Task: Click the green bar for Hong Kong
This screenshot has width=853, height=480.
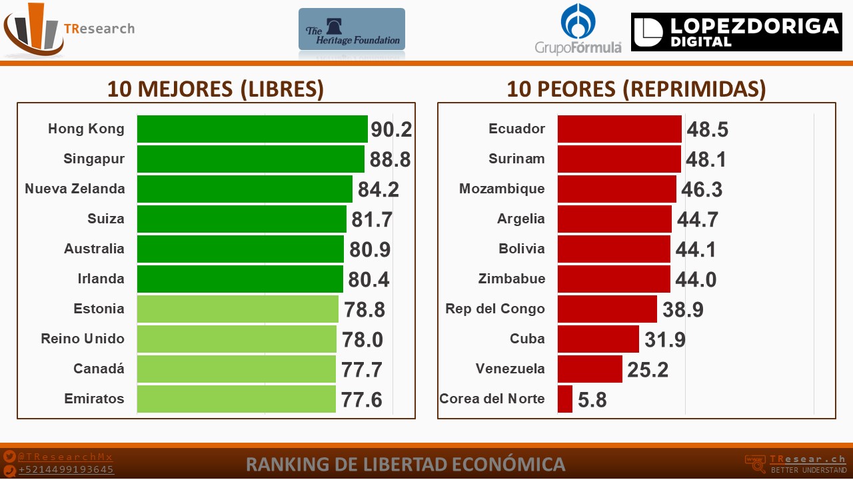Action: point(253,129)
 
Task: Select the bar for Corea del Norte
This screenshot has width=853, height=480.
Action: point(565,399)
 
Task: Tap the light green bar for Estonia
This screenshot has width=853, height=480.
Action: point(238,309)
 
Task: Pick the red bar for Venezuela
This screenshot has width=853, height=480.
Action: point(590,369)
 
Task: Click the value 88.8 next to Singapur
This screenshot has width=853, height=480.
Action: point(390,159)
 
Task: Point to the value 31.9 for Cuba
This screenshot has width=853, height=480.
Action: point(665,339)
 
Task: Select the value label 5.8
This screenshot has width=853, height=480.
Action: point(592,399)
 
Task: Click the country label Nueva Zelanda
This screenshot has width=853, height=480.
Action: point(75,189)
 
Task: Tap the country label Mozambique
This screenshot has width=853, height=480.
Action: point(502,189)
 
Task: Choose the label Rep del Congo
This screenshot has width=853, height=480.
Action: point(495,309)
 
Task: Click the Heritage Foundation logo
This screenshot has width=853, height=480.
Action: point(352,29)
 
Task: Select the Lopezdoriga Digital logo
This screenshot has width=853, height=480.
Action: point(736,32)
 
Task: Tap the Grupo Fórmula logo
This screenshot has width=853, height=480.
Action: point(578,29)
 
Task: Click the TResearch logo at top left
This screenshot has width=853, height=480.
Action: point(69,29)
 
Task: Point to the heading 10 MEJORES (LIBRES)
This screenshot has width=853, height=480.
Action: point(215,89)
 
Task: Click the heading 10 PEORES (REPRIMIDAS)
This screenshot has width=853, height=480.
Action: point(636,89)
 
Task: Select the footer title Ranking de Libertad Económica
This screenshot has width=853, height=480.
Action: point(406,465)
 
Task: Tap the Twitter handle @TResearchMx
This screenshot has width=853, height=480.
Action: point(65,457)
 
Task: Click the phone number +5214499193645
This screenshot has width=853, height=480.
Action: point(66,470)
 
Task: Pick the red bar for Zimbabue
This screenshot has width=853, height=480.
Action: point(614,279)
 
